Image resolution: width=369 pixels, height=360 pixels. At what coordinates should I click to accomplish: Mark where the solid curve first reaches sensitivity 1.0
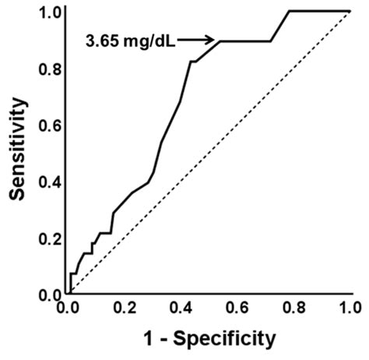point(289,11)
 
